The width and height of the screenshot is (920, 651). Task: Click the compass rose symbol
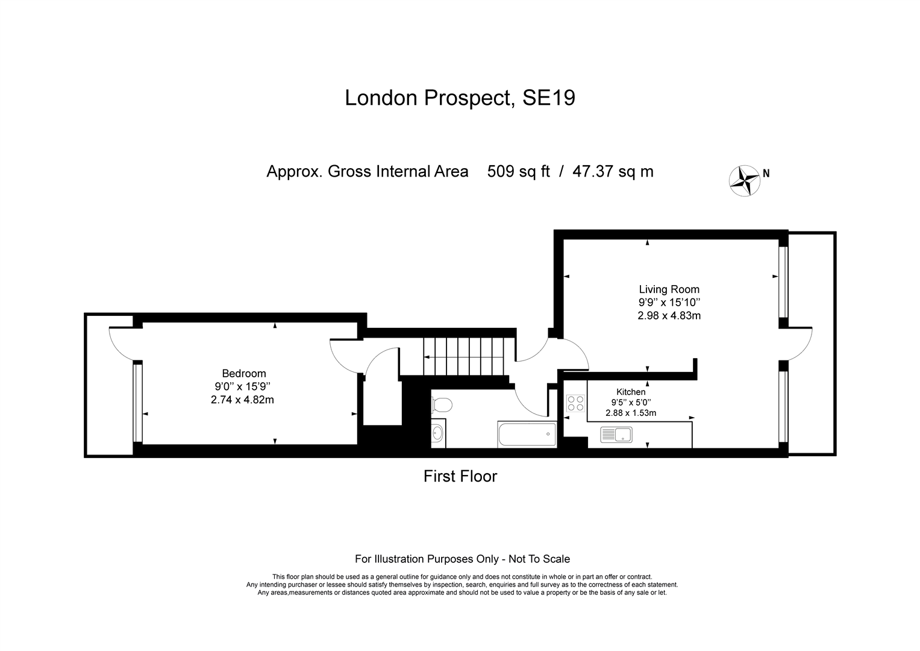point(744,181)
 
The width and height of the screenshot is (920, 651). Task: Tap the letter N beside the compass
point(766,174)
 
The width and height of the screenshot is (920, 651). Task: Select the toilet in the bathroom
point(442,405)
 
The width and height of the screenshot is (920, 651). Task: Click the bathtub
point(527,434)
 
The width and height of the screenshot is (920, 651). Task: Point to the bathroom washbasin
point(438,433)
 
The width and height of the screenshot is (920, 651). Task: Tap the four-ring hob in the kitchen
point(575,403)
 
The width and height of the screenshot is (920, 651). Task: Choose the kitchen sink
point(616,435)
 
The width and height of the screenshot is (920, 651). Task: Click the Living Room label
point(669,289)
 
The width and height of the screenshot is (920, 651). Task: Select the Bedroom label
point(244,374)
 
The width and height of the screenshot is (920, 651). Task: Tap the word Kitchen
point(631,392)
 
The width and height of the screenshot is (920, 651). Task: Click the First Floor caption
point(460,476)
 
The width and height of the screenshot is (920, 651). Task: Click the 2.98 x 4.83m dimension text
point(669,316)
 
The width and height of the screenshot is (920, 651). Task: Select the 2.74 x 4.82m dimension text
point(242,400)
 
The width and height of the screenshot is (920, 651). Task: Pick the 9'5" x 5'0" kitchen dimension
point(631,403)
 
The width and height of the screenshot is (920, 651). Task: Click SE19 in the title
point(549,98)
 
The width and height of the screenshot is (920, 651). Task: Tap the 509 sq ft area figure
point(518,171)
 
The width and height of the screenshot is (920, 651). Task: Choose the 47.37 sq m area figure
point(613,171)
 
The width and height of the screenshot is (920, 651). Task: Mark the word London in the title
point(381,98)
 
